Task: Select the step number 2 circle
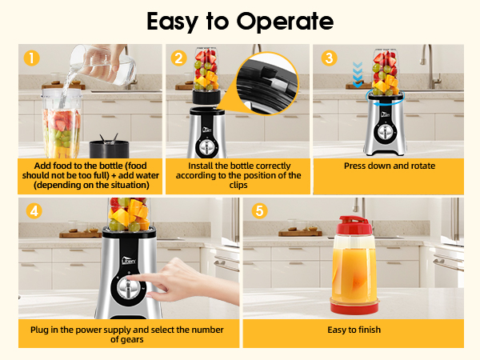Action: (179, 58)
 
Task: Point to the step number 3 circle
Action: (329, 58)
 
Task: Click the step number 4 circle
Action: (33, 211)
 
